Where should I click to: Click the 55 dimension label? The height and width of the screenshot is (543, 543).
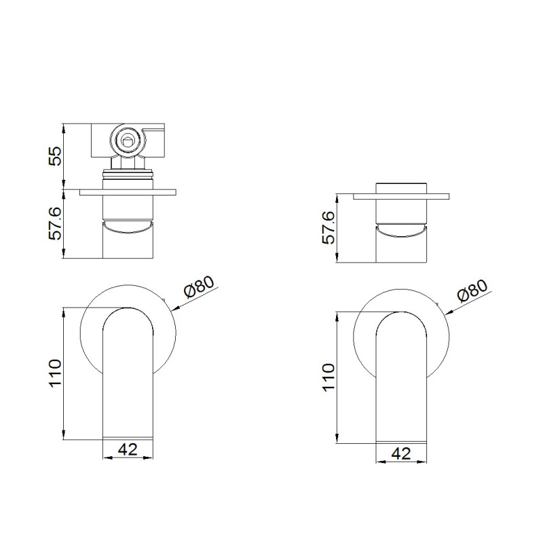click(x=55, y=156)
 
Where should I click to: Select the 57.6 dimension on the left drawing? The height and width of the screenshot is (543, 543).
click(x=55, y=224)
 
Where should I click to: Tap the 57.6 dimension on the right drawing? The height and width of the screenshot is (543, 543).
click(x=329, y=227)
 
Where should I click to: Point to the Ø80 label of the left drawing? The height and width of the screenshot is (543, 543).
click(x=199, y=286)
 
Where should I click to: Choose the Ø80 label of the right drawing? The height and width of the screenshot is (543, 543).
click(x=472, y=291)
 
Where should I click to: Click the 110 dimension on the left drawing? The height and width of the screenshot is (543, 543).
click(x=55, y=373)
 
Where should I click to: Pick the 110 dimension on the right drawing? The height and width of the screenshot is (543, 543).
click(x=329, y=377)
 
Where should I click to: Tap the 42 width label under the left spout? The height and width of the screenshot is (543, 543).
click(x=128, y=449)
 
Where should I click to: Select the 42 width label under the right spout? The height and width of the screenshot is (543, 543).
click(x=401, y=453)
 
